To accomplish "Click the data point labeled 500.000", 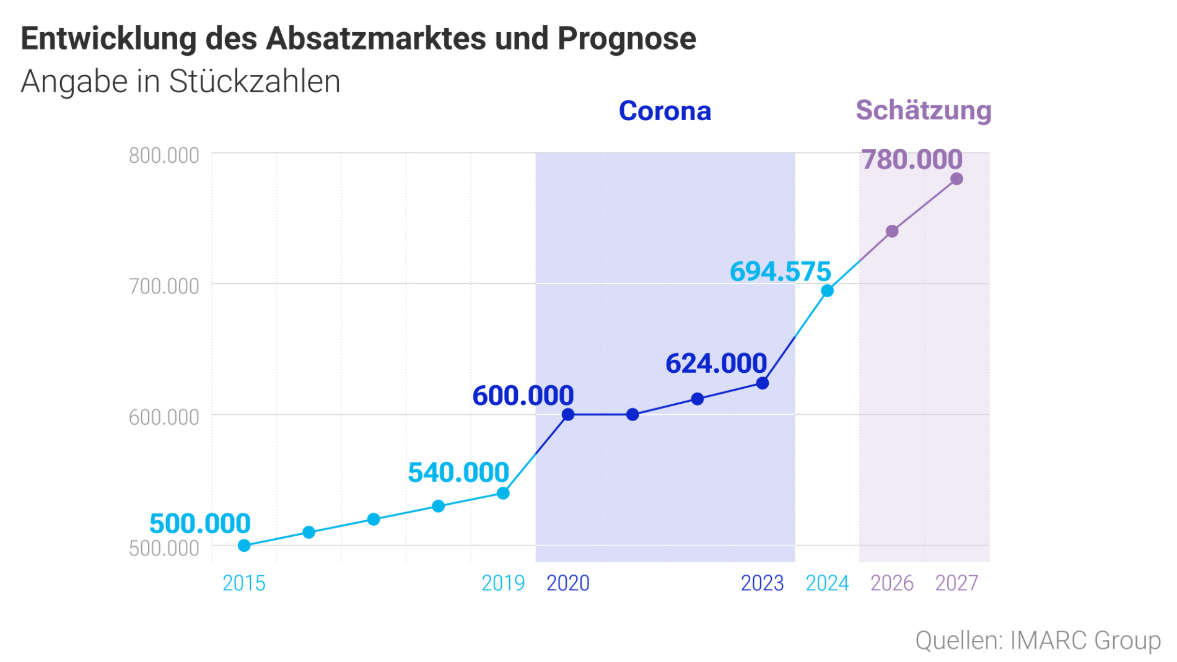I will [244, 546].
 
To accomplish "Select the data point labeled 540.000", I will [503, 493].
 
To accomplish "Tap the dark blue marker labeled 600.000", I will [568, 414].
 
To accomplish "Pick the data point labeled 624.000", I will [763, 383].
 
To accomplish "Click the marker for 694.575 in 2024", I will [827, 290].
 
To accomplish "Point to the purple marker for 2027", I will [956, 179].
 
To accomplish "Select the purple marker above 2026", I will [892, 231].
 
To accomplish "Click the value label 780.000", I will [912, 160].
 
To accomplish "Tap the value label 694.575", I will [780, 271].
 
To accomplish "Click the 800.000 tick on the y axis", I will [164, 155].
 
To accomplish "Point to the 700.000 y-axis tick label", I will [164, 286].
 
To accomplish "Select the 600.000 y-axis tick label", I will [164, 417].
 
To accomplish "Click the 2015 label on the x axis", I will [244, 583].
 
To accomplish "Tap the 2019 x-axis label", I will [503, 583].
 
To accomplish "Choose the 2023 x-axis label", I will [763, 583].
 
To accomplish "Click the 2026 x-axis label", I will [892, 583].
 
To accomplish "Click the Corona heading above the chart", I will [665, 111].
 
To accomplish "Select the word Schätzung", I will [924, 111].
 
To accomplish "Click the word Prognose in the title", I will [626, 38].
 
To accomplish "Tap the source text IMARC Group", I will [1085, 640].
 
